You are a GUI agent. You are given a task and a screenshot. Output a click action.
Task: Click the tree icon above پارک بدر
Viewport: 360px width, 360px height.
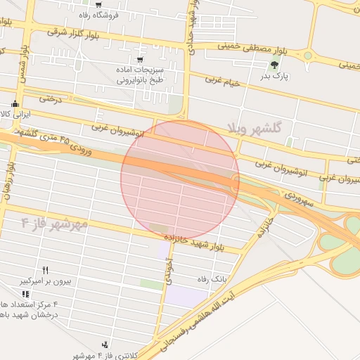[x=274, y=65]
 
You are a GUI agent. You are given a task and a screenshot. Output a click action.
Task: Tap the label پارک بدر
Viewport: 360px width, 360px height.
[x=275, y=76]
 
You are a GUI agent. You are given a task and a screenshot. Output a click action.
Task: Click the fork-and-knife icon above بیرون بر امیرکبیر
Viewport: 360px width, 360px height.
[x=46, y=270]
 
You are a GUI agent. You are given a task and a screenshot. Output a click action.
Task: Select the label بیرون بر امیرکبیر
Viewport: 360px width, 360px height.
[x=45, y=281]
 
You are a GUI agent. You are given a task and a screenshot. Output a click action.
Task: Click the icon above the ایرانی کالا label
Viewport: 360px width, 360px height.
[x=15, y=105]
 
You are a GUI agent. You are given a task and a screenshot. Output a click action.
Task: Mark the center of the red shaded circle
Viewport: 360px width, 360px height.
[x=180, y=180]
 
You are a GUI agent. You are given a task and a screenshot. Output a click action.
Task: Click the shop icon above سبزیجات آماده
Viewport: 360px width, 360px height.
[x=141, y=60]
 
